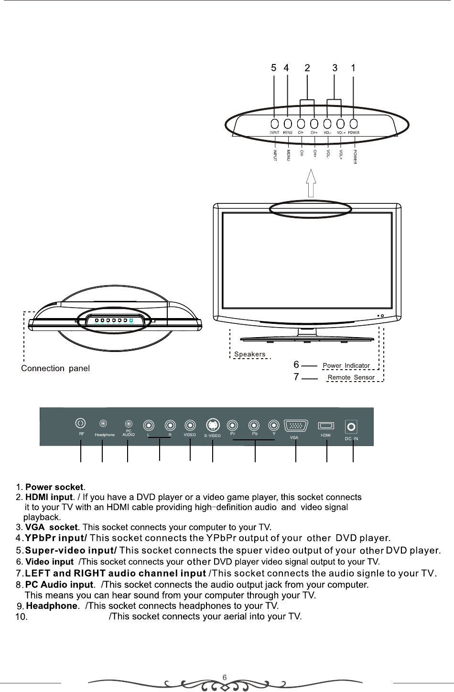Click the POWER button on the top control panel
click(x=354, y=125)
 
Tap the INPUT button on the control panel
click(x=274, y=125)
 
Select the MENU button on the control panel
click(x=288, y=125)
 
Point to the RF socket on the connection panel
click(x=81, y=423)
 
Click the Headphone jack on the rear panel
click(x=103, y=423)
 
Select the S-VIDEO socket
click(x=213, y=425)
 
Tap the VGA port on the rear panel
click(x=296, y=425)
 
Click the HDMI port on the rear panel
click(x=326, y=425)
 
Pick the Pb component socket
click(x=255, y=425)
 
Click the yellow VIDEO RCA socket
click(x=190, y=425)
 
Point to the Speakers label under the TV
click(x=250, y=354)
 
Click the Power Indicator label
click(x=346, y=366)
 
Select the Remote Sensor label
click(x=351, y=377)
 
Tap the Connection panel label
click(x=56, y=368)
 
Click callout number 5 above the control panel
click(x=273, y=68)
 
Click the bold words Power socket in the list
click(x=54, y=487)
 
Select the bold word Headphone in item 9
click(x=52, y=606)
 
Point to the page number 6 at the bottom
click(x=225, y=677)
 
